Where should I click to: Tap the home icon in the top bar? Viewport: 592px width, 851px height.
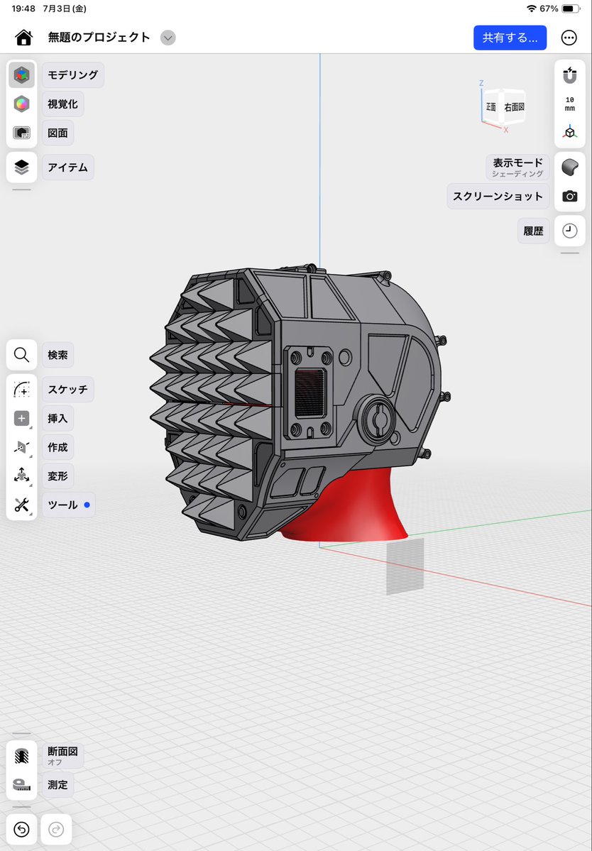[x=24, y=38]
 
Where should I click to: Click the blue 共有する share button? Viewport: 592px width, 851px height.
[x=510, y=38]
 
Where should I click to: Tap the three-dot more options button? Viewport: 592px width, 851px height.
[x=569, y=38]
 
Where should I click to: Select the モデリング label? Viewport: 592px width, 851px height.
[x=72, y=75]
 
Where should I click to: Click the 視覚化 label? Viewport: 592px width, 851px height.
[x=63, y=104]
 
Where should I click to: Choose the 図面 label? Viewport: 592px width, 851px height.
[x=57, y=133]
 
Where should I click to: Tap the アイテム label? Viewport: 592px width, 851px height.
[x=68, y=168]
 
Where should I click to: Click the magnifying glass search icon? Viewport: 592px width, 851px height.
[x=22, y=355]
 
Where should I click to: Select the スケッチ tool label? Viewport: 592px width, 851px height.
[x=68, y=389]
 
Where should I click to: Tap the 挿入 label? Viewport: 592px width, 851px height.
[x=57, y=419]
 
